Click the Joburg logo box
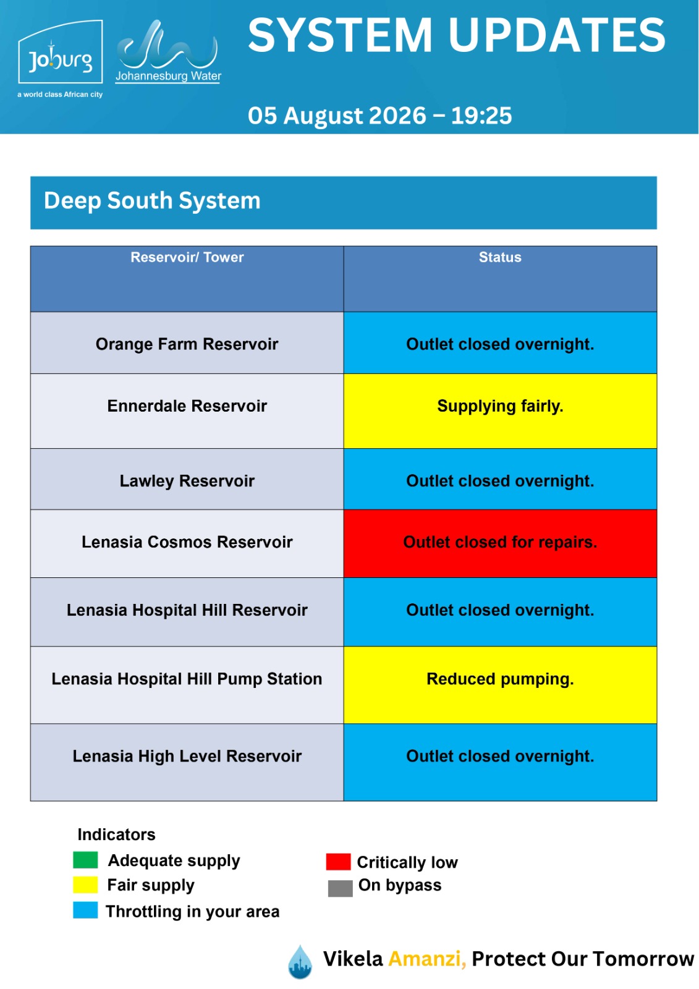[60, 52]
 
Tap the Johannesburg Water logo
[167, 51]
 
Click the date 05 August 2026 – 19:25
[379, 116]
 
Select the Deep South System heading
[152, 200]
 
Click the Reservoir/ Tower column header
[187, 257]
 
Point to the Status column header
[500, 257]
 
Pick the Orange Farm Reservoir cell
[187, 343]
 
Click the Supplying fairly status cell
[500, 411]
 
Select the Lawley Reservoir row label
[187, 480]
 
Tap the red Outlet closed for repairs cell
[500, 543]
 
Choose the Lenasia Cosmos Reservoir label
[187, 541]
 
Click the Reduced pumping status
[500, 679]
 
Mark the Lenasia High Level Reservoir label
[187, 756]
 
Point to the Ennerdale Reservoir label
[187, 405]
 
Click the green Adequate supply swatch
[85, 860]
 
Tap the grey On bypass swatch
[340, 888]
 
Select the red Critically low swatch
[338, 862]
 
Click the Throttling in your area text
[193, 911]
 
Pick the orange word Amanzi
[427, 959]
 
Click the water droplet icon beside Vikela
[300, 962]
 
